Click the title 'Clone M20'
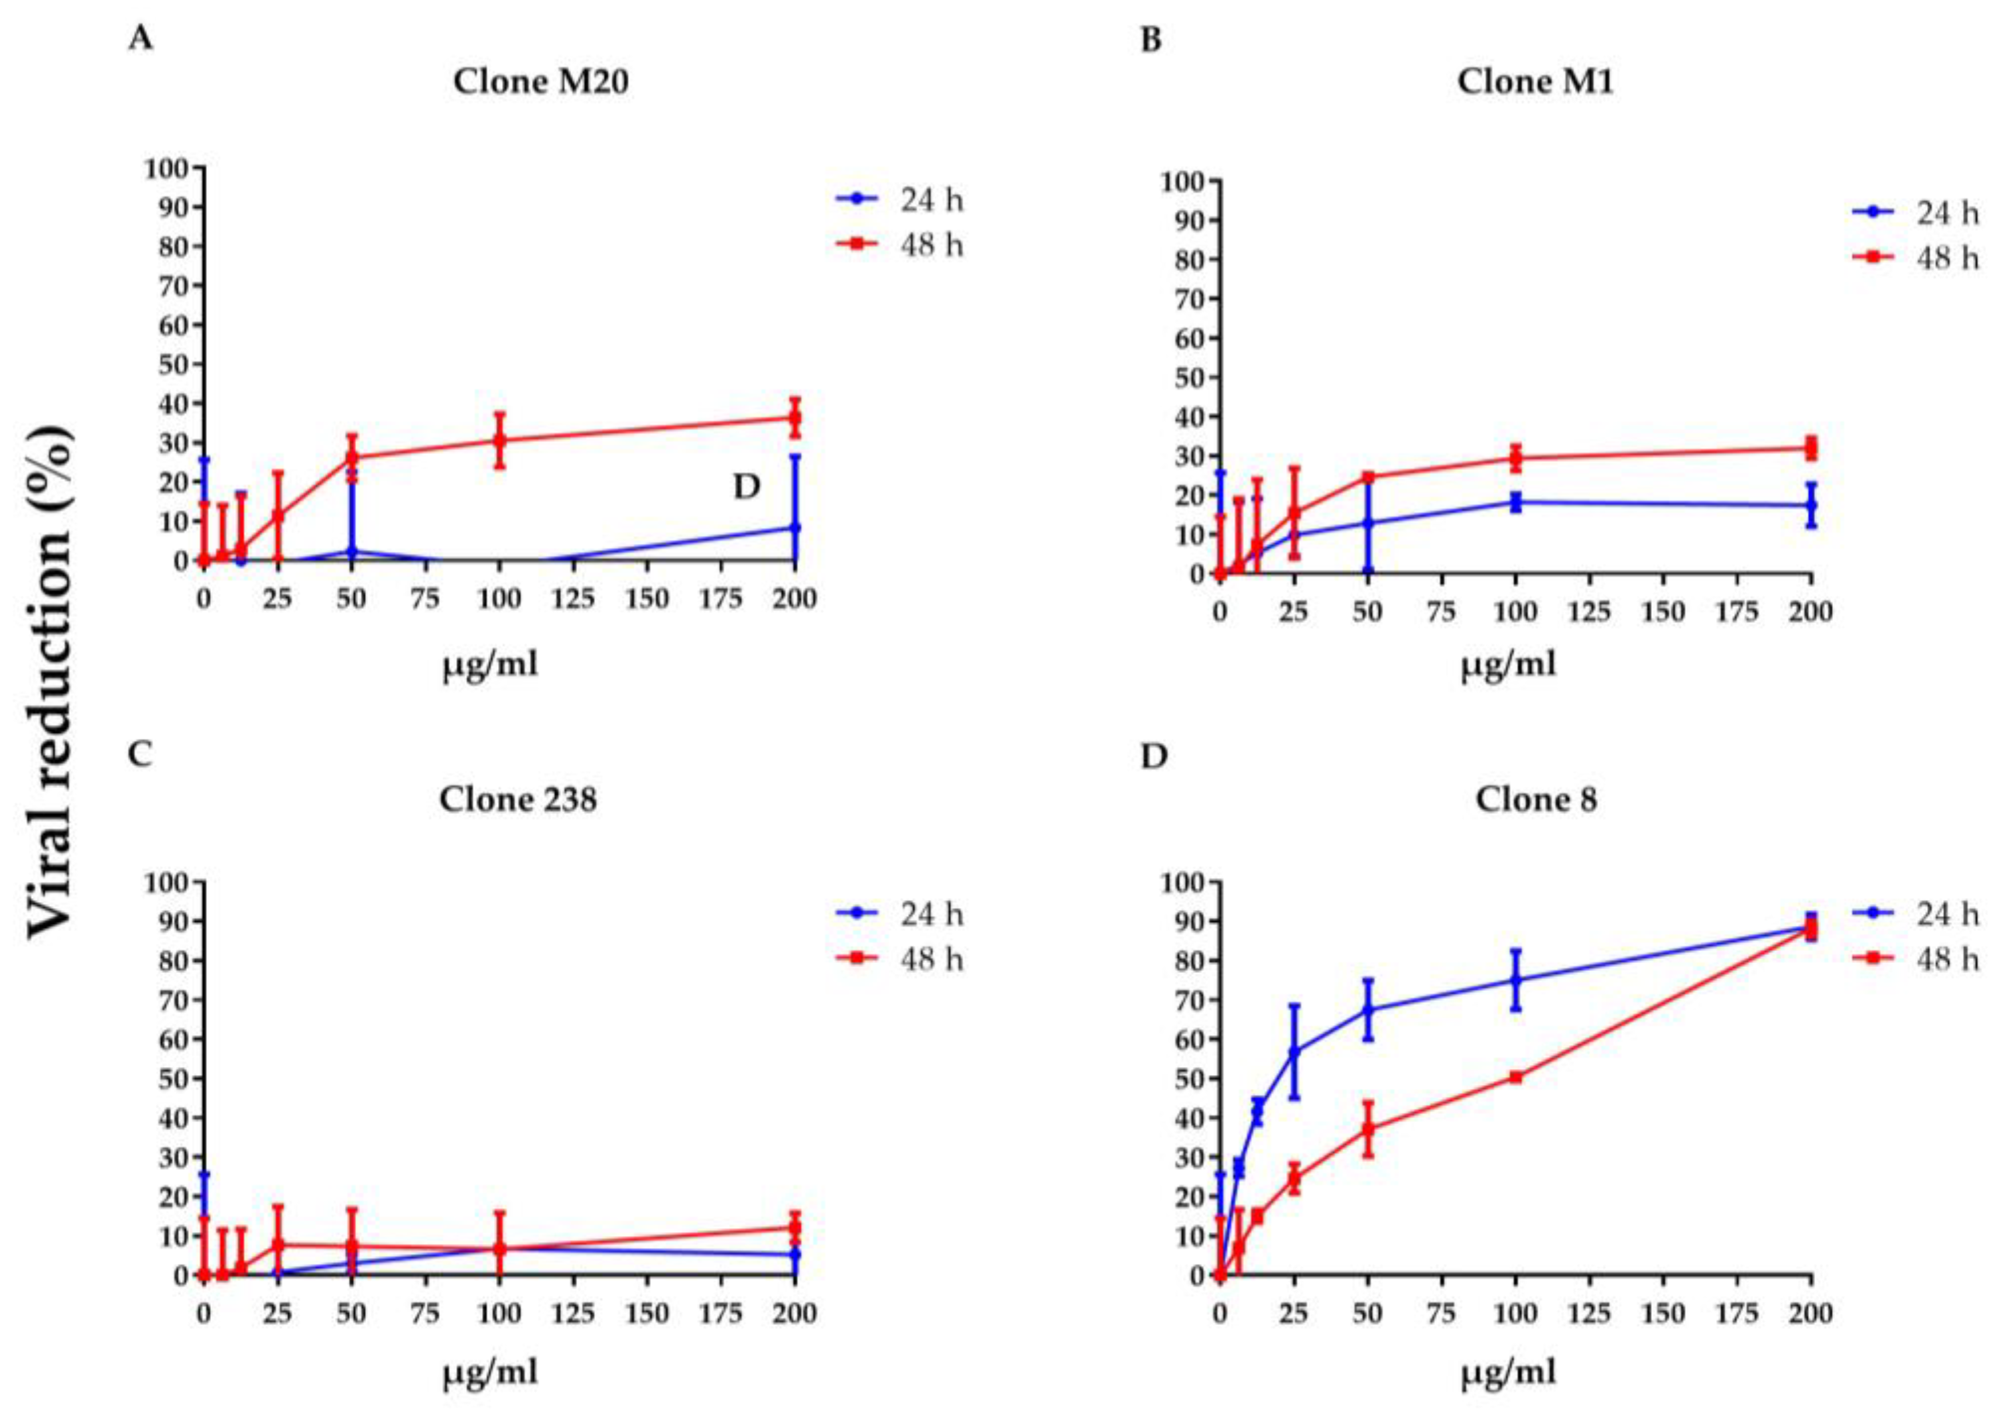pos(540,82)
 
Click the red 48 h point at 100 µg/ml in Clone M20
pos(499,440)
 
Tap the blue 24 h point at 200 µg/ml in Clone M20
pos(794,528)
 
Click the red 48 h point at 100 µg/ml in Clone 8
pos(1515,1077)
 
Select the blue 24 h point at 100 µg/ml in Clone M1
pos(1515,502)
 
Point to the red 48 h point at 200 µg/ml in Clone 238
pos(794,1227)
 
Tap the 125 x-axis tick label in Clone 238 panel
pos(573,1314)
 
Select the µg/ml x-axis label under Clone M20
pos(489,665)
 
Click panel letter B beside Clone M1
pos(1150,40)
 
